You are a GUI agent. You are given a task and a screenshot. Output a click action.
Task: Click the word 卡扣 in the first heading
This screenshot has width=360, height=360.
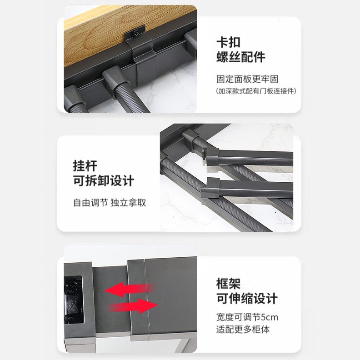228,41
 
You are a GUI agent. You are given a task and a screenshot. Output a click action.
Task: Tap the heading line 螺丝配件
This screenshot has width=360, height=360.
240,57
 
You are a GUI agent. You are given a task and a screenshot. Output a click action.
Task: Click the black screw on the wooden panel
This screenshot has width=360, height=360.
137,32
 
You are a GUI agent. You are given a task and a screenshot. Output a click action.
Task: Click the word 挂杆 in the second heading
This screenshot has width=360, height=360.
85,165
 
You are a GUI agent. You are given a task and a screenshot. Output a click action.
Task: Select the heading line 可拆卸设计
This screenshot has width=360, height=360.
104,180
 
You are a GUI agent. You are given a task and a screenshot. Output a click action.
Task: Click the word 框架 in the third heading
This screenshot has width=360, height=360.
228,284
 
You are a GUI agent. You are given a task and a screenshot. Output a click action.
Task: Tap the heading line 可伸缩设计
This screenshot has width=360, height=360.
246,299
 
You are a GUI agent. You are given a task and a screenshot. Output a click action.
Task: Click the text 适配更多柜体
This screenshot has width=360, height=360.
243,329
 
